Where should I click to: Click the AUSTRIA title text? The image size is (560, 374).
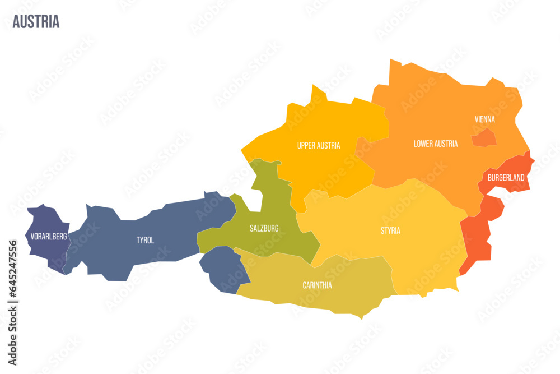click(x=36, y=22)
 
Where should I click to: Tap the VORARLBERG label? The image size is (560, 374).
click(x=49, y=237)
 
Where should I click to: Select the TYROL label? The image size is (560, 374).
click(x=145, y=240)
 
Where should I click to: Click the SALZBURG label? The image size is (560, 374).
click(x=264, y=228)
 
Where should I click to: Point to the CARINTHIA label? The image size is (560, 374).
click(x=317, y=285)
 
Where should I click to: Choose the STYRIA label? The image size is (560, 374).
click(x=390, y=230)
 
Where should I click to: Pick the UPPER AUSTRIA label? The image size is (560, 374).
click(x=318, y=145)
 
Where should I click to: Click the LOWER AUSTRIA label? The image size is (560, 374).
click(x=435, y=144)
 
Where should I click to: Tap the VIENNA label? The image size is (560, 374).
click(x=484, y=119)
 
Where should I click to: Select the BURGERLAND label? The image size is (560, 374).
click(x=506, y=178)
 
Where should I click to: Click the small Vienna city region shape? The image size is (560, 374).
click(x=483, y=137)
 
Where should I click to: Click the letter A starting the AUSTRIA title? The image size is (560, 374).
click(x=16, y=22)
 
